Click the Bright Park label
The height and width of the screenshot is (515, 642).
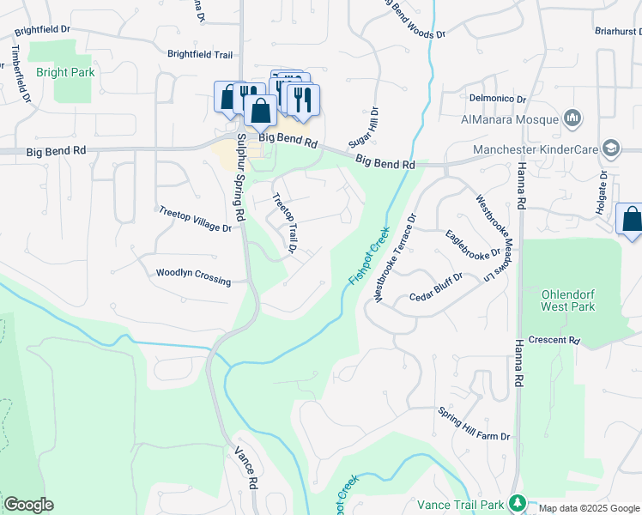[65, 73]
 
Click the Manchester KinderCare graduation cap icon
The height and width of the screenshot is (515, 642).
[611, 148]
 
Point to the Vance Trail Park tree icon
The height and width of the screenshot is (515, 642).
[516, 502]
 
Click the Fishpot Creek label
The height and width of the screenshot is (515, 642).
[369, 255]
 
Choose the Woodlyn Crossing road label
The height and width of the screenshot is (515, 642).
[193, 276]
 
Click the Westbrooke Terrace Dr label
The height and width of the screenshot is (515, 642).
[395, 257]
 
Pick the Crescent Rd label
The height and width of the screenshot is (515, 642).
[554, 340]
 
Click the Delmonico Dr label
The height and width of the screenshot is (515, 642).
[495, 98]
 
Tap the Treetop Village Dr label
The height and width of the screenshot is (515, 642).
[195, 219]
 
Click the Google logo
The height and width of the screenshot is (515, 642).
[28, 505]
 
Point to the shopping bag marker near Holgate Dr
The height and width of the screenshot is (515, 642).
[631, 219]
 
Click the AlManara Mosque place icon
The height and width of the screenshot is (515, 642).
[573, 118]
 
